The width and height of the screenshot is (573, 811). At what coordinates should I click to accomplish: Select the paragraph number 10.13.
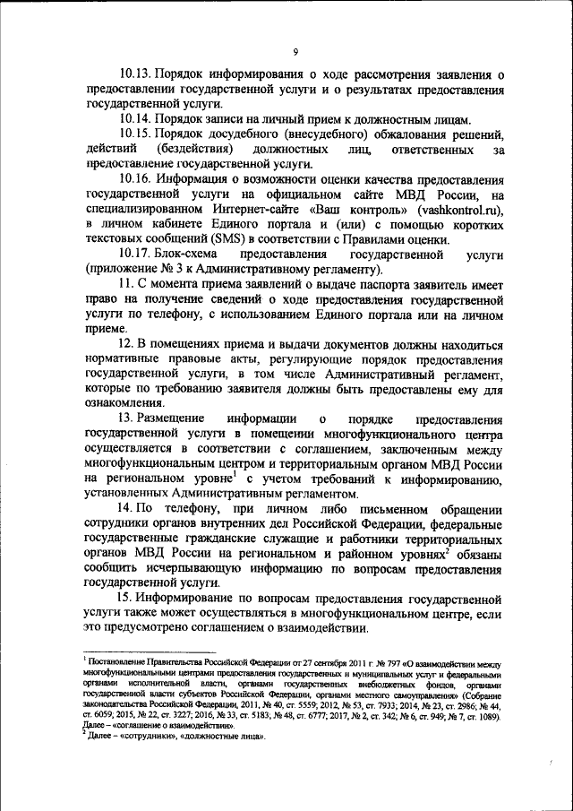pos(133,76)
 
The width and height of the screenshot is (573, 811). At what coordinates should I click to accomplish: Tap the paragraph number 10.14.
pos(133,118)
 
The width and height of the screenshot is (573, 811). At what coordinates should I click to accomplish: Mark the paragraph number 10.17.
pos(133,255)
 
